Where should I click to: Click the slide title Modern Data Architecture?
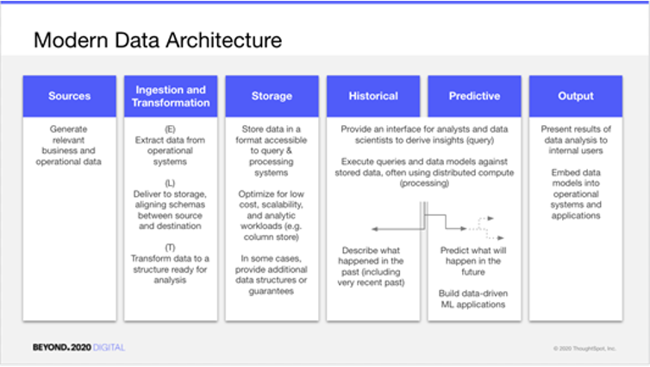click(x=158, y=41)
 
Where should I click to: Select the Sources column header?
click(x=70, y=96)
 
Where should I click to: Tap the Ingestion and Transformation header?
click(x=171, y=96)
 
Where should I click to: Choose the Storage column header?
click(x=272, y=96)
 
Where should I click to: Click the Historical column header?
click(x=373, y=96)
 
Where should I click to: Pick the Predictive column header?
click(x=474, y=96)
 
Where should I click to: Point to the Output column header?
click(x=575, y=96)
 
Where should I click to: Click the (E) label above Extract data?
click(x=170, y=130)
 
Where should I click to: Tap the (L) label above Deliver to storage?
click(x=170, y=183)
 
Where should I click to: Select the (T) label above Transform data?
click(x=170, y=248)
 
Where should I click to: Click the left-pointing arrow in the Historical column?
click(x=398, y=229)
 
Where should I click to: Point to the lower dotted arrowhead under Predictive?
click(x=500, y=237)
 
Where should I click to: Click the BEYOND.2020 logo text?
click(x=62, y=347)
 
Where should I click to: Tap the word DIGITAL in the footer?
click(x=109, y=347)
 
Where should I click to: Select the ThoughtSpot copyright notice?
click(x=584, y=348)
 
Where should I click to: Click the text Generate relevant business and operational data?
click(x=69, y=145)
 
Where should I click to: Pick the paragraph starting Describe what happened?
click(x=371, y=267)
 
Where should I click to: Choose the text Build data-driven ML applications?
click(x=473, y=299)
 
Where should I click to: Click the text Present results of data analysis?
click(x=576, y=140)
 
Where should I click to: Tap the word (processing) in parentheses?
click(x=424, y=183)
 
